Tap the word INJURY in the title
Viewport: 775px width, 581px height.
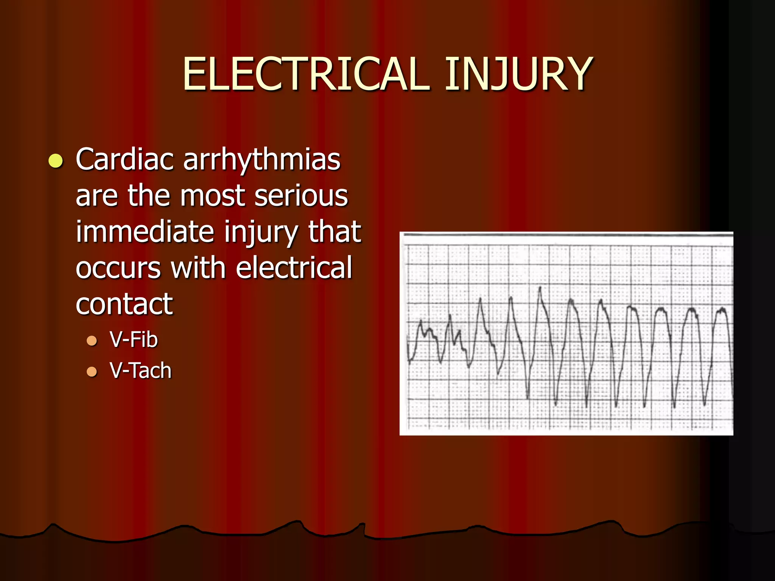[x=518, y=74]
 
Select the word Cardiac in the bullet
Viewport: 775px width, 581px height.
[x=125, y=159]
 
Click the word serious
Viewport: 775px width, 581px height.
[x=301, y=196]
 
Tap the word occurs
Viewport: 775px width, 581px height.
[x=118, y=268]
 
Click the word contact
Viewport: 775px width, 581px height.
[x=124, y=304]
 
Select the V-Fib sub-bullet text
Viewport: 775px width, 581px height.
[x=134, y=339]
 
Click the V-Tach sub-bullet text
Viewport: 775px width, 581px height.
[x=140, y=370]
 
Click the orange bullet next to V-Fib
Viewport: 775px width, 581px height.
[x=92, y=341]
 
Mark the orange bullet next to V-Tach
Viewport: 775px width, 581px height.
[x=92, y=372]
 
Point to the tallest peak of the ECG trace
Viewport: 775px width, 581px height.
[x=540, y=288]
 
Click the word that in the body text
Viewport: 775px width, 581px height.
[x=335, y=231]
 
